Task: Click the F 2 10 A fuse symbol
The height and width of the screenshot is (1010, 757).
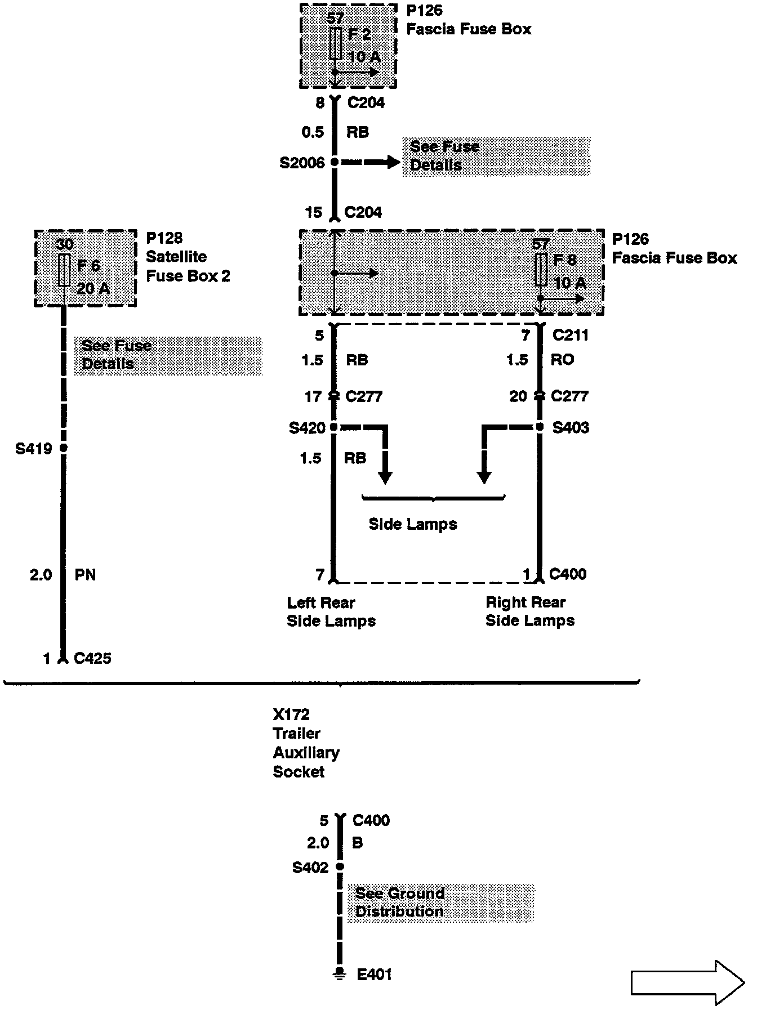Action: pos(336,43)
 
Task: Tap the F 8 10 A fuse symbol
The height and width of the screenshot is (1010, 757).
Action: pos(541,269)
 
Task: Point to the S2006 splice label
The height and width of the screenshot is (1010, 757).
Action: pos(302,163)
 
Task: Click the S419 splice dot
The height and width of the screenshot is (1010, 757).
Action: pos(64,448)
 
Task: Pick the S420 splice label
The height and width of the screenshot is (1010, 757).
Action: pos(307,428)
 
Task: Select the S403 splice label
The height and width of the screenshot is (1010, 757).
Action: pos(571,428)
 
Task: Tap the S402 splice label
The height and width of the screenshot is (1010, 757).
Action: pos(310,868)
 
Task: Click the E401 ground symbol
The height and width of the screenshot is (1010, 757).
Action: pos(339,973)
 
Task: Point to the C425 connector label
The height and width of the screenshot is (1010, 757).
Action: pos(93,658)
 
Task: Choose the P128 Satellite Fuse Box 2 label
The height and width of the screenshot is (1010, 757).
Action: pos(188,257)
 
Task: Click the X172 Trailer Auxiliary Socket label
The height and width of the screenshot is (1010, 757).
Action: pos(306,743)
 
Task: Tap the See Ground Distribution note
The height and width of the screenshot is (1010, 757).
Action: pos(400,902)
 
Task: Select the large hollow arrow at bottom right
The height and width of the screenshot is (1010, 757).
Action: pos(687,982)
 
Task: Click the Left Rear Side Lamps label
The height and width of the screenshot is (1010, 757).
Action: pos(331,611)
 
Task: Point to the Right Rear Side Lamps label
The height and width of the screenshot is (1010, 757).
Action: pos(529,611)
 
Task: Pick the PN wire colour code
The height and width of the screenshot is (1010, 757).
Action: pos(85,575)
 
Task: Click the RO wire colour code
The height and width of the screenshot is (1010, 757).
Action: pos(562,360)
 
